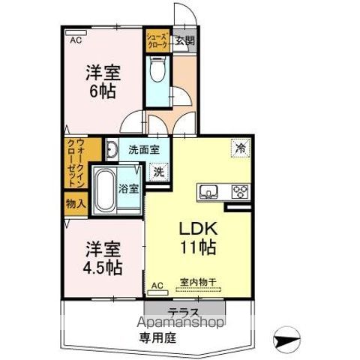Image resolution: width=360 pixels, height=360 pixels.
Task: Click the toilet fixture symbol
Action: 157,73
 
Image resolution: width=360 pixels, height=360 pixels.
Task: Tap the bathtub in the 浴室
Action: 104,187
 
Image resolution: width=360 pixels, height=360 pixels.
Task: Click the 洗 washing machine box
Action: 158,172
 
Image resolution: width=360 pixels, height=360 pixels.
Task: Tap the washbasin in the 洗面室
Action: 110,150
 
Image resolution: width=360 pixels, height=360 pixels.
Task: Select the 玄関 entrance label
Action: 184,41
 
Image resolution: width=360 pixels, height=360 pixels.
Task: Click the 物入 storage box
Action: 76,202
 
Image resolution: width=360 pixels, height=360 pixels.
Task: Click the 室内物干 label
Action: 197,282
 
